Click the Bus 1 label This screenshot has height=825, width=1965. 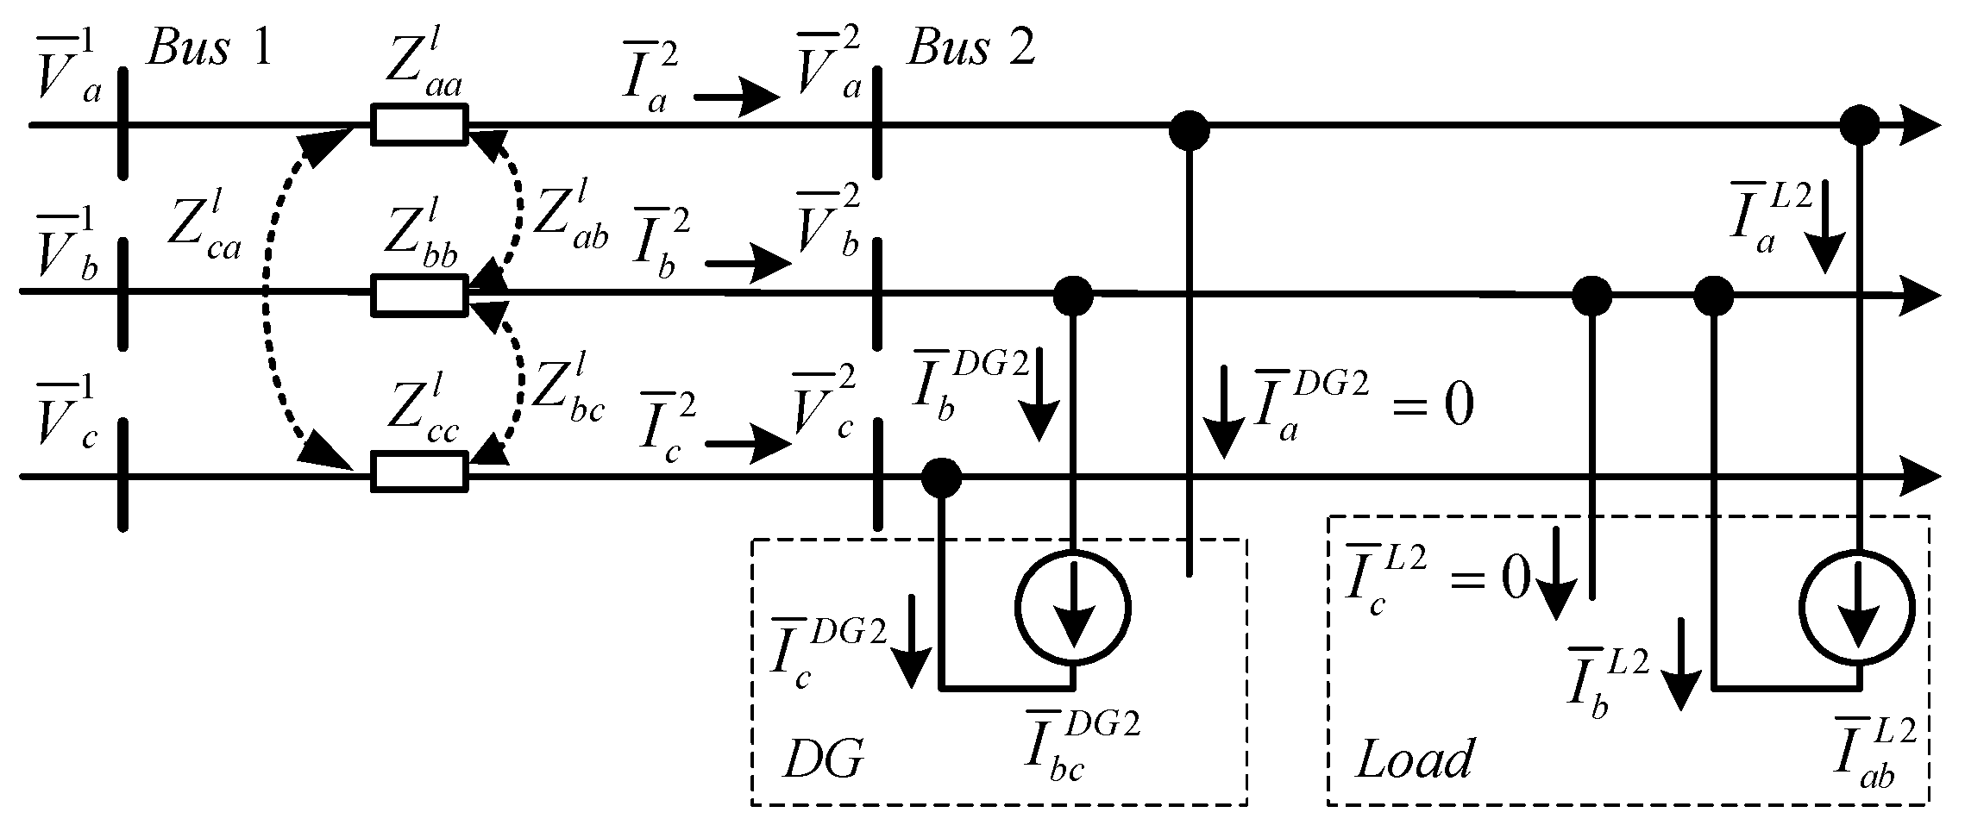point(209,50)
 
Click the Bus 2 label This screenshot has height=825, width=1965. point(971,50)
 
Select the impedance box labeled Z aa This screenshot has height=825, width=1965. point(419,124)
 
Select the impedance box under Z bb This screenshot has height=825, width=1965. point(419,294)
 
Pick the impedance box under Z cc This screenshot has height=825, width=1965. point(419,473)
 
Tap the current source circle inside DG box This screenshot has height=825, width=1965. point(1072,607)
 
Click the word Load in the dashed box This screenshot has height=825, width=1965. point(1416,760)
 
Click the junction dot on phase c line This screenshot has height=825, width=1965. point(940,476)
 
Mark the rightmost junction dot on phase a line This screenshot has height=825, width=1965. point(1857,127)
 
